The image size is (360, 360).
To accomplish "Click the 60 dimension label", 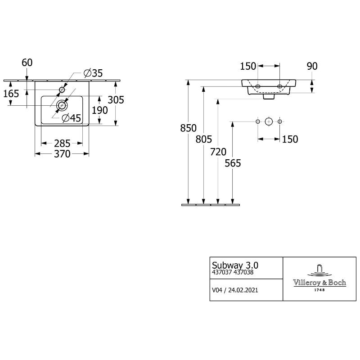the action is (27, 63).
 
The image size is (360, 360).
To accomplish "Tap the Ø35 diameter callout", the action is (93, 73).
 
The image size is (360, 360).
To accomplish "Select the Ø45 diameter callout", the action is (72, 118).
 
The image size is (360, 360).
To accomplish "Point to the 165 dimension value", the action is (11, 94).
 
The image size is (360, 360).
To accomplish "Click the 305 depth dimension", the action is (116, 100).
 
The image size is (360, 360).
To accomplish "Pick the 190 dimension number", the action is (100, 110).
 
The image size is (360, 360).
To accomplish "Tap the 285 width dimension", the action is (62, 144).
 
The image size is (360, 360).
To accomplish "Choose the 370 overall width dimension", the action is (62, 154).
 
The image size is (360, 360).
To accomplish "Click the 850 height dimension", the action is (189, 128).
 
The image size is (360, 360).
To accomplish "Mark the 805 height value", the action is (204, 139).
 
